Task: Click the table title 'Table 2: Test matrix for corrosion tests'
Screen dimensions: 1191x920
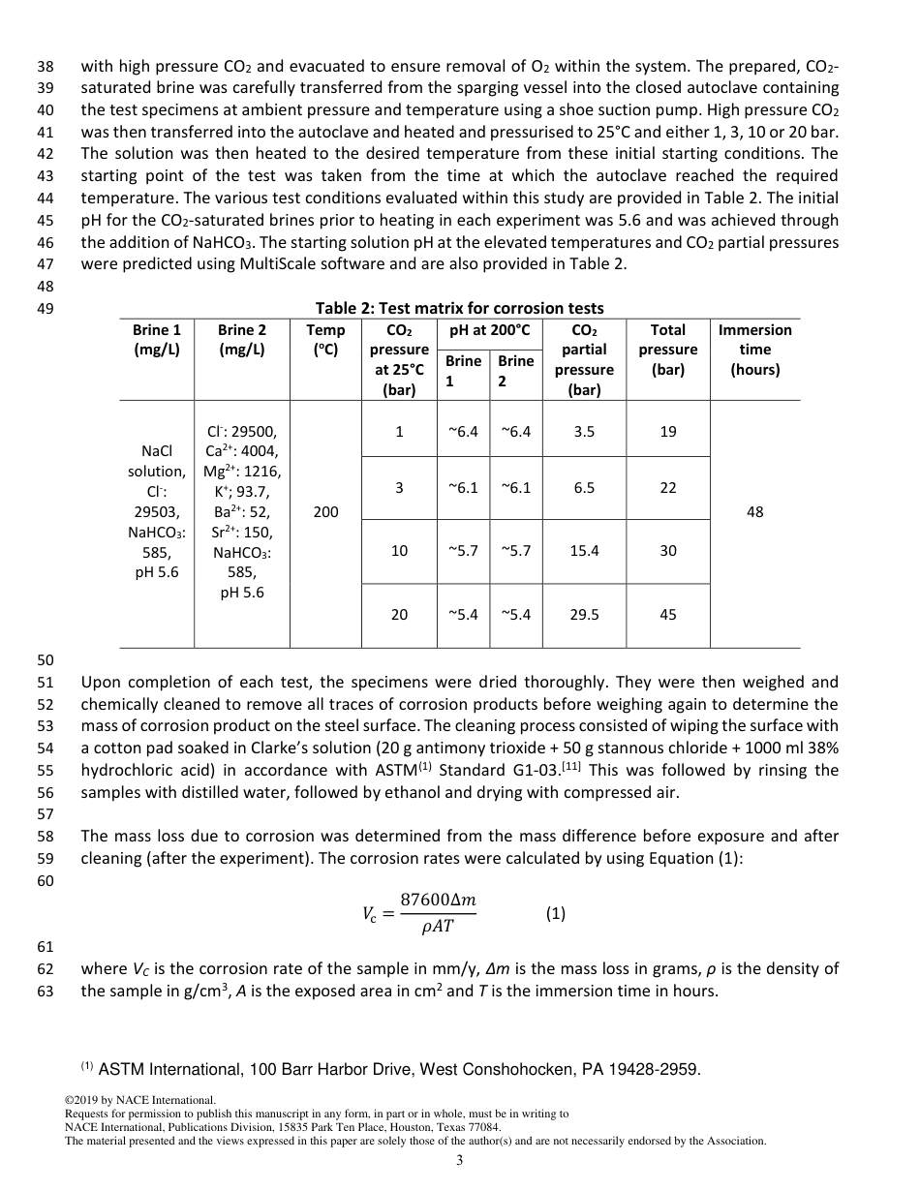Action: [459, 308]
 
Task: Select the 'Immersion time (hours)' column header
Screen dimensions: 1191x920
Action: [754, 350]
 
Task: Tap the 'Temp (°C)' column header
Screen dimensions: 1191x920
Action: [325, 340]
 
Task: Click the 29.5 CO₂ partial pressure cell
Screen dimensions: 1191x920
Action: [584, 614]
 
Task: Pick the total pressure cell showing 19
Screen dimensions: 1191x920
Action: [667, 432]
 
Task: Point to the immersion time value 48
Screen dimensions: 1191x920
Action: [754, 512]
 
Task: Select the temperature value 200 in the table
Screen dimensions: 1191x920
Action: [325, 512]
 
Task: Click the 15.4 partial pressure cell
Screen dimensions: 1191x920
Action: [584, 550]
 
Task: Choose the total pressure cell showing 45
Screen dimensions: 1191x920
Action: [667, 614]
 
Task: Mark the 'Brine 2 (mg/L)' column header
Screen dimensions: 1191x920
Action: [241, 340]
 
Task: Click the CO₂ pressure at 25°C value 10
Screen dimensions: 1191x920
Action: [399, 550]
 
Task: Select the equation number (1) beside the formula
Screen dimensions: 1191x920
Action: [555, 913]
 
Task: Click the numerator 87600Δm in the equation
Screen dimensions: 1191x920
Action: [438, 901]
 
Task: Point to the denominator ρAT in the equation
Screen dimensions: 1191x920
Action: [438, 927]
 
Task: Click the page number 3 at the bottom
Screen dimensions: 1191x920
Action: [460, 1160]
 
